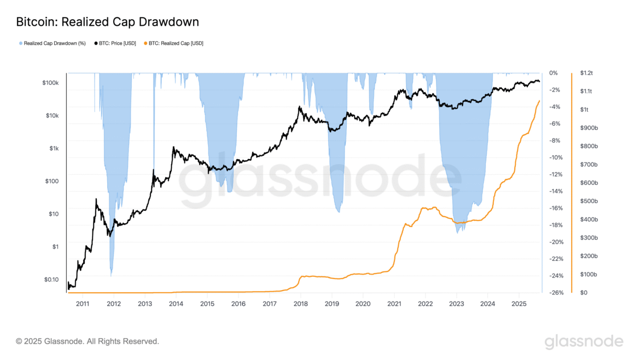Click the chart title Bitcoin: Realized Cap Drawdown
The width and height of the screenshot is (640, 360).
point(107,22)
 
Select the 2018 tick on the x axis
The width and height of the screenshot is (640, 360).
point(301,303)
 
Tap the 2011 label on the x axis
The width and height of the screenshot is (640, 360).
point(83,303)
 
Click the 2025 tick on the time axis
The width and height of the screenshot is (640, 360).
point(519,303)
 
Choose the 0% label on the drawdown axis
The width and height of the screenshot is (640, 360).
point(553,73)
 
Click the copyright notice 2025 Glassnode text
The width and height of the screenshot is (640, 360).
point(88,341)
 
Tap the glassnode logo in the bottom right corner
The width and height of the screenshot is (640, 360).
point(583,341)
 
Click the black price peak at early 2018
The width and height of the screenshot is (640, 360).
point(299,107)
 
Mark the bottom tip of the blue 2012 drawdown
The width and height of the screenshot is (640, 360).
point(111,275)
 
